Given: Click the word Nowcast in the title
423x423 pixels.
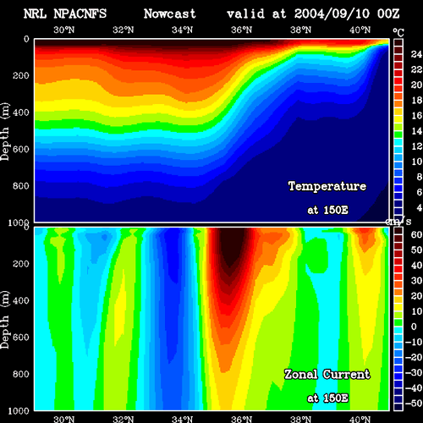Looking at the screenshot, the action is click(x=170, y=14).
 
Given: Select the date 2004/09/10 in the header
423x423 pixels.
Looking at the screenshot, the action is click(x=332, y=14).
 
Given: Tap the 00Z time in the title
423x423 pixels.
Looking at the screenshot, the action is click(x=388, y=14).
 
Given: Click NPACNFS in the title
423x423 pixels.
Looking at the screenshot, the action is click(x=80, y=14).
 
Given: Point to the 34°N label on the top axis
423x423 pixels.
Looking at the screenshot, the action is click(x=183, y=30).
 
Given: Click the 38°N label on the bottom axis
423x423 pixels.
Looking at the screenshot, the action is click(x=301, y=419).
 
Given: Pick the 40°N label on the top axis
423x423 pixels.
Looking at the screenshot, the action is click(x=360, y=30).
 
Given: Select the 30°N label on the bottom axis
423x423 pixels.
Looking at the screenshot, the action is click(x=64, y=419).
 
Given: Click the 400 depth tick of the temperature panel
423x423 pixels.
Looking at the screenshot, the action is click(x=21, y=113).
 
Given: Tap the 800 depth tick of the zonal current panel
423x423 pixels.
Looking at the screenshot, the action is click(x=21, y=374).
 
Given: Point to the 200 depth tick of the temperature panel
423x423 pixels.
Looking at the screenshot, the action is click(x=21, y=75).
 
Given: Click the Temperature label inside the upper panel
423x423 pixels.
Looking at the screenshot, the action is click(x=327, y=186).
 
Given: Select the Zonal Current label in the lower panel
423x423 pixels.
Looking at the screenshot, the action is click(x=327, y=375).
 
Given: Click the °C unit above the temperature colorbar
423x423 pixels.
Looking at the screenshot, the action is click(x=398, y=33).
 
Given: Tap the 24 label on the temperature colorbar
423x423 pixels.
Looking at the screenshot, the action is click(x=416, y=54).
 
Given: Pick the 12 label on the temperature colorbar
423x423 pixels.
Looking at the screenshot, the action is click(x=416, y=146).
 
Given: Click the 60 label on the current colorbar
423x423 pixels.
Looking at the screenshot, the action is click(x=416, y=234).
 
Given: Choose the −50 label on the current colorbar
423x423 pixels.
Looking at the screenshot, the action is click(x=414, y=404).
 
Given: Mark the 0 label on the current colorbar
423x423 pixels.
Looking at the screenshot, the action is click(x=414, y=327).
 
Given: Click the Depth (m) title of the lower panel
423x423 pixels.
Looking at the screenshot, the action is click(x=5, y=320).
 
